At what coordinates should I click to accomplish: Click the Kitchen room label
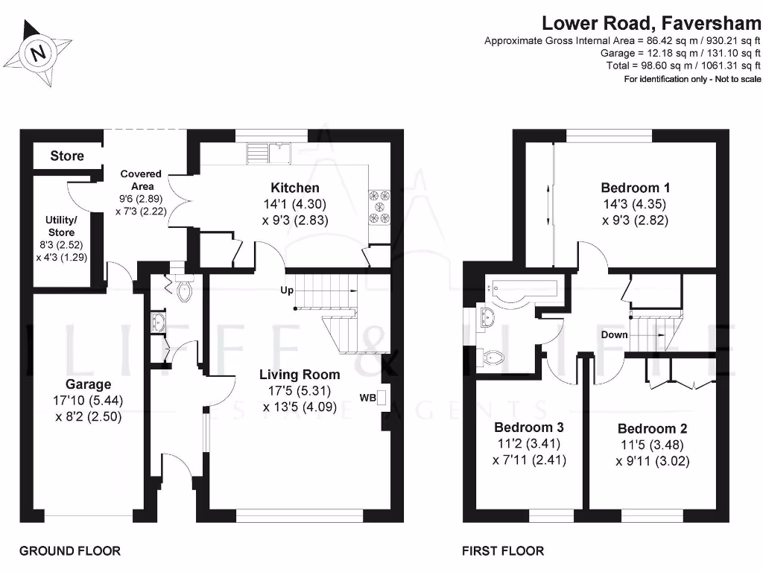click(x=294, y=188)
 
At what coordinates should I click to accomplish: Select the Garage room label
click(x=88, y=384)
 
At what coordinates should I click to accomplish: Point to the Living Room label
click(x=300, y=375)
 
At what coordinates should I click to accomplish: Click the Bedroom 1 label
click(x=630, y=188)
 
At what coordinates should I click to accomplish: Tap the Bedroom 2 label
click(x=652, y=429)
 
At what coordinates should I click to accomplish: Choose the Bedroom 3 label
click(x=529, y=428)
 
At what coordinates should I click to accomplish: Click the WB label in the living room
click(x=367, y=397)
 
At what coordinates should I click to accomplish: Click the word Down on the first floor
click(x=615, y=335)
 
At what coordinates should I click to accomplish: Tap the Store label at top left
click(x=67, y=156)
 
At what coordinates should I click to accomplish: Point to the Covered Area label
click(x=142, y=179)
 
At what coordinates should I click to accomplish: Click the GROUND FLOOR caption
click(x=69, y=551)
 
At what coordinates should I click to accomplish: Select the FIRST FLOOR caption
click(x=503, y=551)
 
